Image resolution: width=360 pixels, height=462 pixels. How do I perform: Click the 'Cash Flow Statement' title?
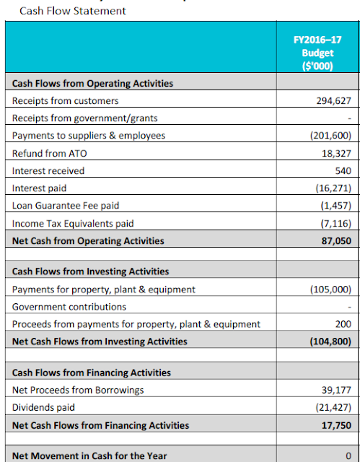[73, 11]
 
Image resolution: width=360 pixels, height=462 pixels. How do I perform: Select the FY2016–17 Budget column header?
[317, 53]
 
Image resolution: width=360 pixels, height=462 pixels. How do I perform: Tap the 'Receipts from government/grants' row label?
[85, 118]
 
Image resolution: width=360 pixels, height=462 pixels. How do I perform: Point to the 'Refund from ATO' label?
[50, 154]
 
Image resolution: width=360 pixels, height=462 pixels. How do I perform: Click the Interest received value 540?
[343, 171]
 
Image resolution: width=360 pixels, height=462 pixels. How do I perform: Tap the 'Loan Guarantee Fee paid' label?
[66, 205]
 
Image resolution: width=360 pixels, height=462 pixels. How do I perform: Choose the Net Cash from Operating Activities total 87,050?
[336, 241]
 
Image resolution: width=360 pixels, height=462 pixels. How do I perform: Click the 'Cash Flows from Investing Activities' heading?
[91, 271]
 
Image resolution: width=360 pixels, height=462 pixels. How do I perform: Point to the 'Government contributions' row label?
[69, 307]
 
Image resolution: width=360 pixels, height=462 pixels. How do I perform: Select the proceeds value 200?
[343, 324]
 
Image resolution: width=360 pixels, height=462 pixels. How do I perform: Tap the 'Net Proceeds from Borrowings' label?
[78, 390]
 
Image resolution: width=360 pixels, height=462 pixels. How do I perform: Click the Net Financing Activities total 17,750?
[336, 425]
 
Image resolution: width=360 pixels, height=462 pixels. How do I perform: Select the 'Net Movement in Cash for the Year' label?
[89, 456]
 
